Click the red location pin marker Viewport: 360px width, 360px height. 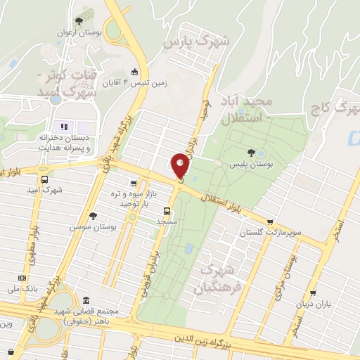(x=180, y=166)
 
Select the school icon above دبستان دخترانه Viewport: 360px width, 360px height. (x=63, y=127)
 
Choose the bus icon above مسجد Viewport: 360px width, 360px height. (x=167, y=210)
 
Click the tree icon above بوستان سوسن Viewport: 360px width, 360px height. (x=93, y=216)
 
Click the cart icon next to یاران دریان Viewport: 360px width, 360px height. (x=312, y=295)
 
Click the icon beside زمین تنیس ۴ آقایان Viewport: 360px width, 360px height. (x=134, y=72)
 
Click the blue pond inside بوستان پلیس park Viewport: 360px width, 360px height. (x=261, y=153)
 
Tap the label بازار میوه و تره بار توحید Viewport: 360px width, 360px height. (x=128, y=199)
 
